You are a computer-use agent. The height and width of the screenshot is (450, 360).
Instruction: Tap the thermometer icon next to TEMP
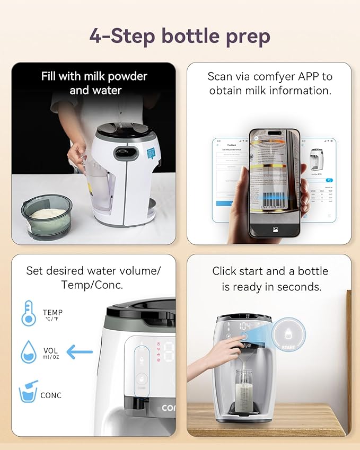(28, 313)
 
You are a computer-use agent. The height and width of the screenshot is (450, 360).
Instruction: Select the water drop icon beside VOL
(28, 352)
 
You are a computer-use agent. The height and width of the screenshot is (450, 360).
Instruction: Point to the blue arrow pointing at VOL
(80, 351)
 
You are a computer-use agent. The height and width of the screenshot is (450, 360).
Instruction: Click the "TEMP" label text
(52, 313)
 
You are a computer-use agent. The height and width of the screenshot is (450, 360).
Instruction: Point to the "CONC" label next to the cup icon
(51, 395)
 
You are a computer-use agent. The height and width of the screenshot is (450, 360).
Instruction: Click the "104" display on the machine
(245, 326)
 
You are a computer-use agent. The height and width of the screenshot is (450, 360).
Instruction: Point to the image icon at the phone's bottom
(275, 230)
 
